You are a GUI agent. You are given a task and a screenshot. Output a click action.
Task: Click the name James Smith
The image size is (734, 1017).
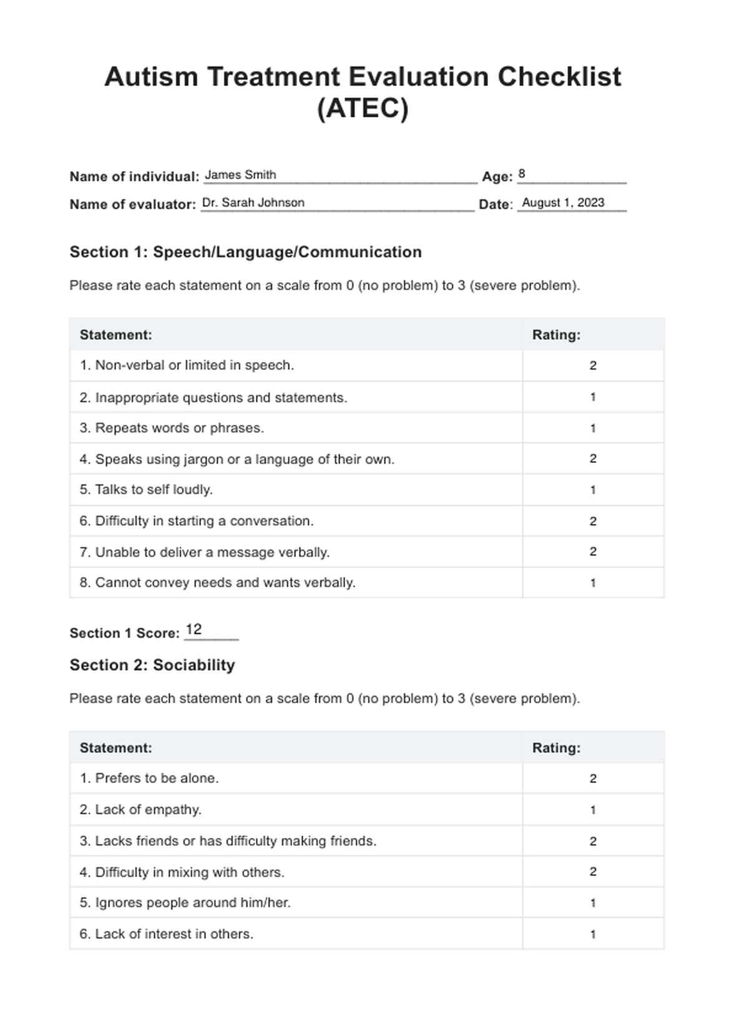click(x=240, y=175)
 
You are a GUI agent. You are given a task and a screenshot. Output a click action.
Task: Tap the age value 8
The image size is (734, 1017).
click(x=522, y=174)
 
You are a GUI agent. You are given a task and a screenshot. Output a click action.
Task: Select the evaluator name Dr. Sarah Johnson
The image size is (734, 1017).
click(x=253, y=203)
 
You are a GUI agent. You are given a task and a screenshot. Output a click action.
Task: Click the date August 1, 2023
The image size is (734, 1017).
click(x=563, y=203)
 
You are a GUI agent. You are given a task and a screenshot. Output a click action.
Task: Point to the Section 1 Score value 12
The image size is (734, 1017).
click(x=194, y=630)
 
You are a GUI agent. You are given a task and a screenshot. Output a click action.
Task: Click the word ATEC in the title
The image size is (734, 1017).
click(x=363, y=109)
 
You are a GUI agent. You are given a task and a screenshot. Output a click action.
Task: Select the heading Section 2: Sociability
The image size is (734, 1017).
click(x=152, y=665)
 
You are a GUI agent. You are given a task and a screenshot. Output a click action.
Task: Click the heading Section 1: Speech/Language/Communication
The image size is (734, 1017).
click(x=245, y=252)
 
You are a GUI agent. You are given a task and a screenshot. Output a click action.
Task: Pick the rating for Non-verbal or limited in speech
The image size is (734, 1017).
click(x=593, y=366)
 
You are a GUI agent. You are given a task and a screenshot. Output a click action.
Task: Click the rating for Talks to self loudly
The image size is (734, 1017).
click(x=593, y=490)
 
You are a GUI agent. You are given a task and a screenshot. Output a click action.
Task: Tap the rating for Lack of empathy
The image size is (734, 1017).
click(x=593, y=810)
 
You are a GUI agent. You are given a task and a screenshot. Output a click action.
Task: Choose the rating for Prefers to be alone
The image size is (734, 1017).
click(x=593, y=779)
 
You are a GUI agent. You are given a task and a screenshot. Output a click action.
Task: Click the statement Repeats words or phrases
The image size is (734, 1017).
click(x=172, y=428)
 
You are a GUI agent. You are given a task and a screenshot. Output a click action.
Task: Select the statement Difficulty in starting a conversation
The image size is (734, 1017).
click(x=197, y=521)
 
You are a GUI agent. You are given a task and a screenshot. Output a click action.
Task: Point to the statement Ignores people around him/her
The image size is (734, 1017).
click(x=185, y=903)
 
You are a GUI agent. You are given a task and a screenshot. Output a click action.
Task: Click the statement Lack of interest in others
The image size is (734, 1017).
click(x=166, y=934)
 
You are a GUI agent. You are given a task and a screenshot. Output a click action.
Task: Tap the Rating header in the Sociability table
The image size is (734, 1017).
click(x=556, y=748)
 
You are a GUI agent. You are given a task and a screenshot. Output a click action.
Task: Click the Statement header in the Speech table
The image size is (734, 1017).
click(x=116, y=335)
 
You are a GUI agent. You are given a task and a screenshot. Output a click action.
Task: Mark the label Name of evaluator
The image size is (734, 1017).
click(x=133, y=205)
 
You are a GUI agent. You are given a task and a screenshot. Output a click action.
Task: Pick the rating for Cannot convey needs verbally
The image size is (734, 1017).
click(x=593, y=583)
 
